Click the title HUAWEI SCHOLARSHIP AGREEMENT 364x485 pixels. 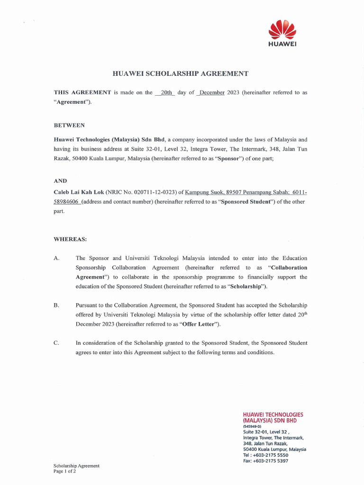(180, 74)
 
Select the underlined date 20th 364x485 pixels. (166, 93)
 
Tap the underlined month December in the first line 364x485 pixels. (211, 93)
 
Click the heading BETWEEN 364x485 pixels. (69, 125)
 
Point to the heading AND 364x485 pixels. (61, 181)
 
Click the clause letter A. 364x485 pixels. (56, 258)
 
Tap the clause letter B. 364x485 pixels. (56, 305)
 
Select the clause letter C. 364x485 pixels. (56, 343)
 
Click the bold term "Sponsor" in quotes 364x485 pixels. (229, 158)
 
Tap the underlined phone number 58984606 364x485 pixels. (67, 202)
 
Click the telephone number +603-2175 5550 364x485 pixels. (270, 455)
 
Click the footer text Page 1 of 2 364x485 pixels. (65, 472)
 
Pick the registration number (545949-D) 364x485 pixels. (252, 426)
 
